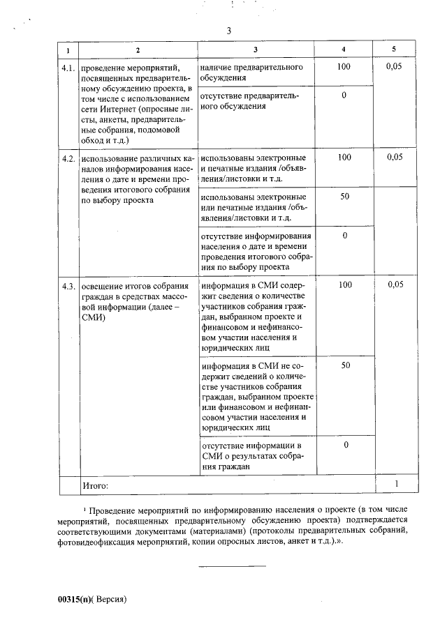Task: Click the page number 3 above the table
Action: (x=228, y=31)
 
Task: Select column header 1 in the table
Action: (x=68, y=51)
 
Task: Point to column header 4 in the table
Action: (x=344, y=50)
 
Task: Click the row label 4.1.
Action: (x=68, y=68)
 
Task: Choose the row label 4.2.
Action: (x=68, y=158)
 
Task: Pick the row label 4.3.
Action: (x=68, y=285)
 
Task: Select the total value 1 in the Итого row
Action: (x=395, y=483)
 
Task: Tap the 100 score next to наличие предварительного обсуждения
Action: (x=344, y=67)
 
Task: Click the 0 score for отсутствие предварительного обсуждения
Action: (x=344, y=95)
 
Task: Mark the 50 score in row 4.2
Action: (x=344, y=197)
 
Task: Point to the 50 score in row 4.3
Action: (x=344, y=365)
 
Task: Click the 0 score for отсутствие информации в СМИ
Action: (x=344, y=445)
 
